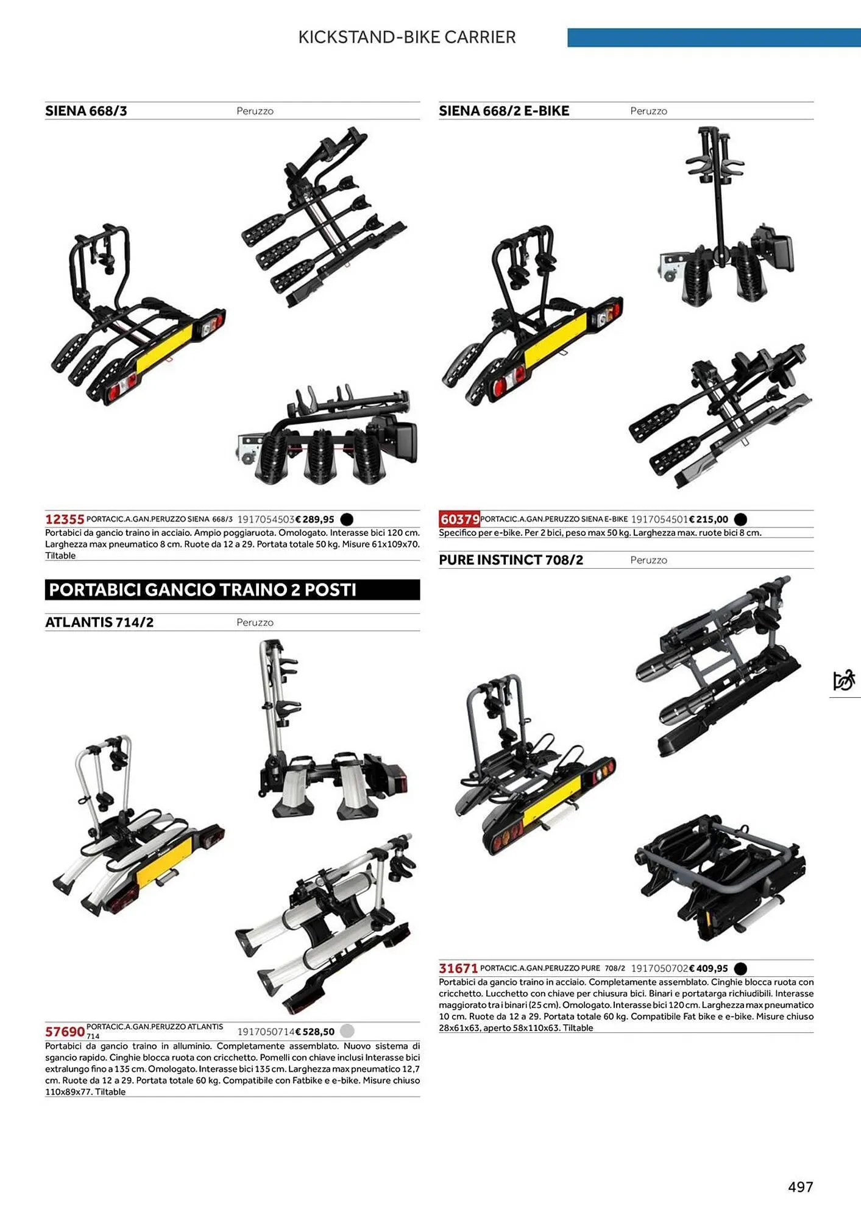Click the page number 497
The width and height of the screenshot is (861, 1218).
pos(801,1186)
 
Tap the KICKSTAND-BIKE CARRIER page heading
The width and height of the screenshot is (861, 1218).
pos(407,37)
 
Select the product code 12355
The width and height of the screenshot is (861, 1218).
pos(65,519)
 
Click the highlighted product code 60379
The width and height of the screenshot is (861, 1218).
pos(459,519)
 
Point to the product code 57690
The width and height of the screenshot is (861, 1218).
pos(65,1032)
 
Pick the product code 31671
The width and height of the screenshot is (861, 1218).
pos(458,968)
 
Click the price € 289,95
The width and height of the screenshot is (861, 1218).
pos(315,519)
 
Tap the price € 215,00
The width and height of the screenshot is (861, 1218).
pos(709,519)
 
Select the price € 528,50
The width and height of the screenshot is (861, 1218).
pos(315,1032)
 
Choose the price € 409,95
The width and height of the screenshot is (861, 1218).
pos(709,968)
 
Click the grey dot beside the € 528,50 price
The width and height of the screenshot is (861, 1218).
pos(347,1031)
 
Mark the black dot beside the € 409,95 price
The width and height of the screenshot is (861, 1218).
pos(740,968)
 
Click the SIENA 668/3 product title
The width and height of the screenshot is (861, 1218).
pos(86,111)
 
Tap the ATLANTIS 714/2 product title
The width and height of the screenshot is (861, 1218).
pos(99,622)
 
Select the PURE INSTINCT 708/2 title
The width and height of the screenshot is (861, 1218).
pos(511,560)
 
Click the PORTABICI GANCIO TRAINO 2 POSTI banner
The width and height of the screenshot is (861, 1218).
pos(232,590)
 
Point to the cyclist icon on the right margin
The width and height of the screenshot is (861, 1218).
pos(844,680)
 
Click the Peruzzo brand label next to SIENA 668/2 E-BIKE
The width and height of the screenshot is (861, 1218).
pos(648,111)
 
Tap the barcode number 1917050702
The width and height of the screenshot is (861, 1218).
pos(659,968)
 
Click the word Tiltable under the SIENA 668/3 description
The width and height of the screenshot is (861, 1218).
pos(60,555)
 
